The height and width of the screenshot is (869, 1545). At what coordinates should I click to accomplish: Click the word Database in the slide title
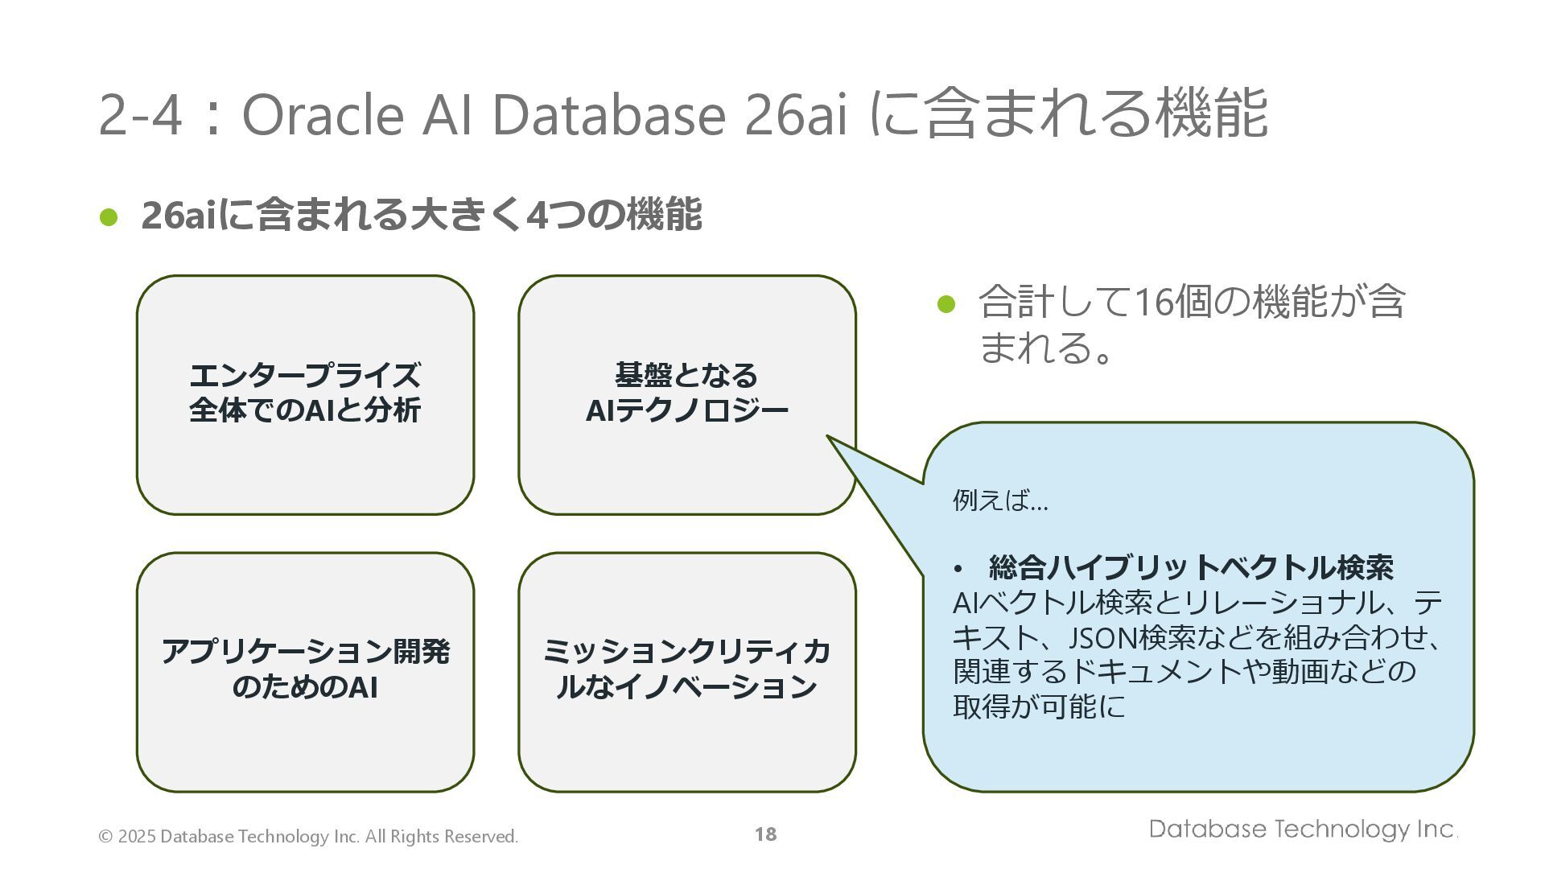click(x=608, y=114)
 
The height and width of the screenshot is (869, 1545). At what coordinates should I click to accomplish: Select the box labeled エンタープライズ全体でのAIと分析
click(x=305, y=394)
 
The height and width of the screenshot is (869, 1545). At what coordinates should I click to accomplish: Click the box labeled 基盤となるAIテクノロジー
click(x=686, y=394)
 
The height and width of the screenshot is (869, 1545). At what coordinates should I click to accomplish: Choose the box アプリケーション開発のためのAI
click(x=305, y=671)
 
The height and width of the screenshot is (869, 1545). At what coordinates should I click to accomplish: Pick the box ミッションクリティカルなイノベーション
click(x=686, y=671)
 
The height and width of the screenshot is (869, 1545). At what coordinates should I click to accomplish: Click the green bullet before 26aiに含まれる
click(x=109, y=216)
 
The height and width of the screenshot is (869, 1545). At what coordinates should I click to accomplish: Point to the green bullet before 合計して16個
click(x=946, y=304)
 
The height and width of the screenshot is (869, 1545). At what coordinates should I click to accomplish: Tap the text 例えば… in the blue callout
click(x=1000, y=500)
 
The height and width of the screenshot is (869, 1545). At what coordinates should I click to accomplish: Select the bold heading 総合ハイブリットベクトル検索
click(x=1191, y=568)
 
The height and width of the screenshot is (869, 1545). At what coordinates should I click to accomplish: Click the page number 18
click(x=765, y=834)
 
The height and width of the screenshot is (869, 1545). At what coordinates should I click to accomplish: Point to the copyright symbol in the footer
click(x=105, y=837)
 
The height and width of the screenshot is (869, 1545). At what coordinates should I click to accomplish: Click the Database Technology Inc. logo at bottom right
click(x=1303, y=829)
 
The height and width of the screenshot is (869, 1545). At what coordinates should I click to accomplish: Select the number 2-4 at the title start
click(x=138, y=114)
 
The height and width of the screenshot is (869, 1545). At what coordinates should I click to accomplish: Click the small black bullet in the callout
click(x=958, y=570)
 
